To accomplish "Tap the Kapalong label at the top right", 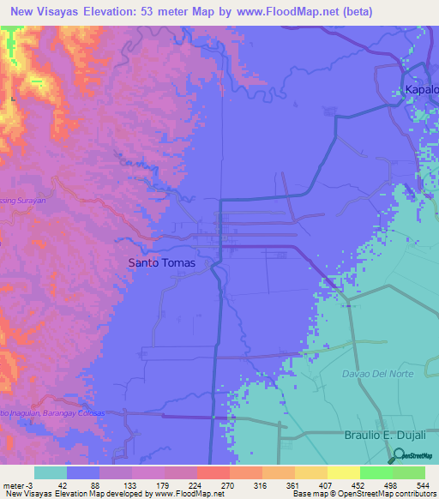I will tap(421, 89).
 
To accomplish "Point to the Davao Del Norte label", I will tap(390, 375).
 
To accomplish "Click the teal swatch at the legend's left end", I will tap(51, 472).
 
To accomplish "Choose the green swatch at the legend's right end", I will tap(408, 472).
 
